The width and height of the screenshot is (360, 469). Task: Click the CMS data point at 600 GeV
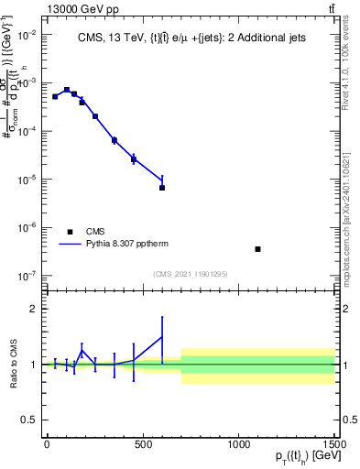(x=162, y=188)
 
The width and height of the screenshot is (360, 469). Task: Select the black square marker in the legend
(x=70, y=232)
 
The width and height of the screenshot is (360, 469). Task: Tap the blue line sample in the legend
(x=70, y=245)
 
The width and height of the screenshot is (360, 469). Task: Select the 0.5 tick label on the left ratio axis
(x=29, y=420)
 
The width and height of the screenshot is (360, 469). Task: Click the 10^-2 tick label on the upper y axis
(x=28, y=35)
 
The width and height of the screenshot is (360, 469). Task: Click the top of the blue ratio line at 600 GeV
(x=162, y=318)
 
